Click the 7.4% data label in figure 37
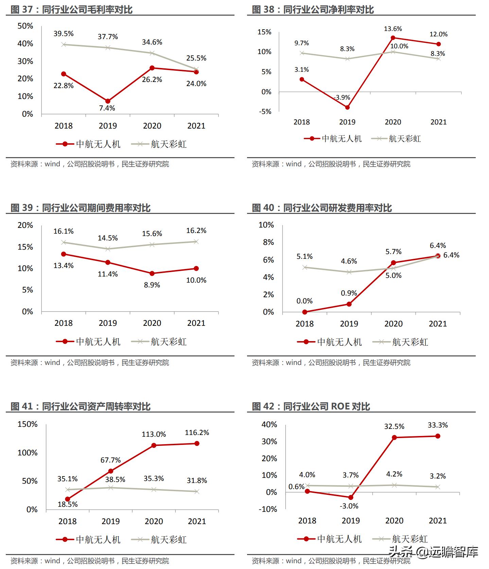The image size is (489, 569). pos(107,108)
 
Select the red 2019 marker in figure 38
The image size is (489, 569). pos(347,107)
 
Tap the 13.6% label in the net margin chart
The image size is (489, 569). pos(393,29)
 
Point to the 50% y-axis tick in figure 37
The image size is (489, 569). pos(25,26)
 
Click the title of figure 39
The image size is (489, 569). pos(80,208)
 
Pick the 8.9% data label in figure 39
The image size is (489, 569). pos(152,285)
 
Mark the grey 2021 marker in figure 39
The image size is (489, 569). pos(196,242)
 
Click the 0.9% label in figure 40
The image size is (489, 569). pos(349,293)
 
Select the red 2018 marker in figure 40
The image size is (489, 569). pos(304,312)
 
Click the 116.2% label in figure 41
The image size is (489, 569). pos(197,433)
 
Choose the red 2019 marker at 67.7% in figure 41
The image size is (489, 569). pos(110,471)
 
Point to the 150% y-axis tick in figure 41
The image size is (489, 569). pos(27,424)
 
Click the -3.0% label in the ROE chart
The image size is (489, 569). pos(349,506)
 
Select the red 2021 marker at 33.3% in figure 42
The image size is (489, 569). pos(438,436)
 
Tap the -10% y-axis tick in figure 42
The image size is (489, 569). pos(268,509)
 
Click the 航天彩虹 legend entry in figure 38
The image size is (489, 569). pos(397,139)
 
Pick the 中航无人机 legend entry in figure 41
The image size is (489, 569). pos(88,539)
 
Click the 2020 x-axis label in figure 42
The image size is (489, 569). pos(394,521)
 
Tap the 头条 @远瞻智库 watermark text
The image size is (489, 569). pos(433,552)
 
